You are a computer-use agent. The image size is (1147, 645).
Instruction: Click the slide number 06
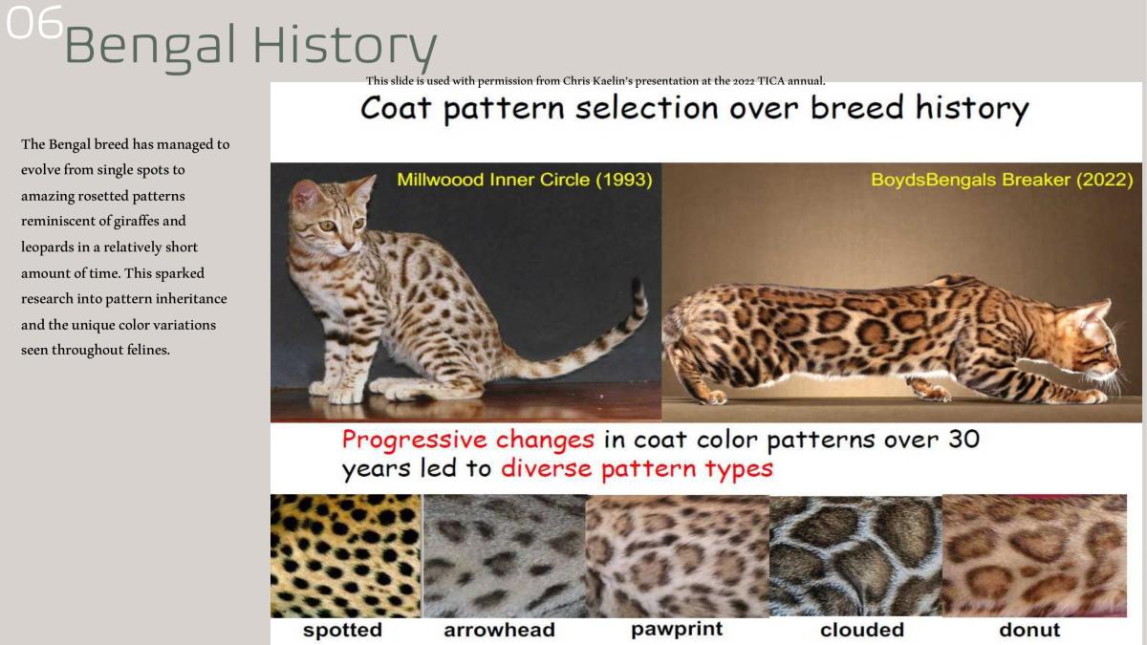coord(34,23)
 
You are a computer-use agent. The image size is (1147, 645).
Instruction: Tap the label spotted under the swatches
coord(342,630)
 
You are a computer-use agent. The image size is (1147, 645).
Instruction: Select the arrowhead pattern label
coord(499,630)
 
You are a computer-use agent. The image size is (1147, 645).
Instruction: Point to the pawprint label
coord(677,629)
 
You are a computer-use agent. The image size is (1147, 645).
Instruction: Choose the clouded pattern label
coord(861,630)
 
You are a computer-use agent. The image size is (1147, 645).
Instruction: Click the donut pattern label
coord(1029,630)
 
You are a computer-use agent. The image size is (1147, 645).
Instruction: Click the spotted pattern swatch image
coord(345,555)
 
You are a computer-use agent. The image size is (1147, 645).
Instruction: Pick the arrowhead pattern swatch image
coord(504,555)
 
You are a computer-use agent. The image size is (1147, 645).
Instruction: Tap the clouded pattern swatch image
coord(855,555)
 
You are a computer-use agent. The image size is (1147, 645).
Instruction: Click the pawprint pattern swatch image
coord(677,555)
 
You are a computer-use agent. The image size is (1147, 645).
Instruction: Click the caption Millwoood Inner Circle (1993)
coord(524,180)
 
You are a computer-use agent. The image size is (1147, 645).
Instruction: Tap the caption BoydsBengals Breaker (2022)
coord(1001,180)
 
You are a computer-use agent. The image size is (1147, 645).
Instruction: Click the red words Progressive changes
coord(468,441)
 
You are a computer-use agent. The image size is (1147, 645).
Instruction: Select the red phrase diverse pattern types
coord(637,469)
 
